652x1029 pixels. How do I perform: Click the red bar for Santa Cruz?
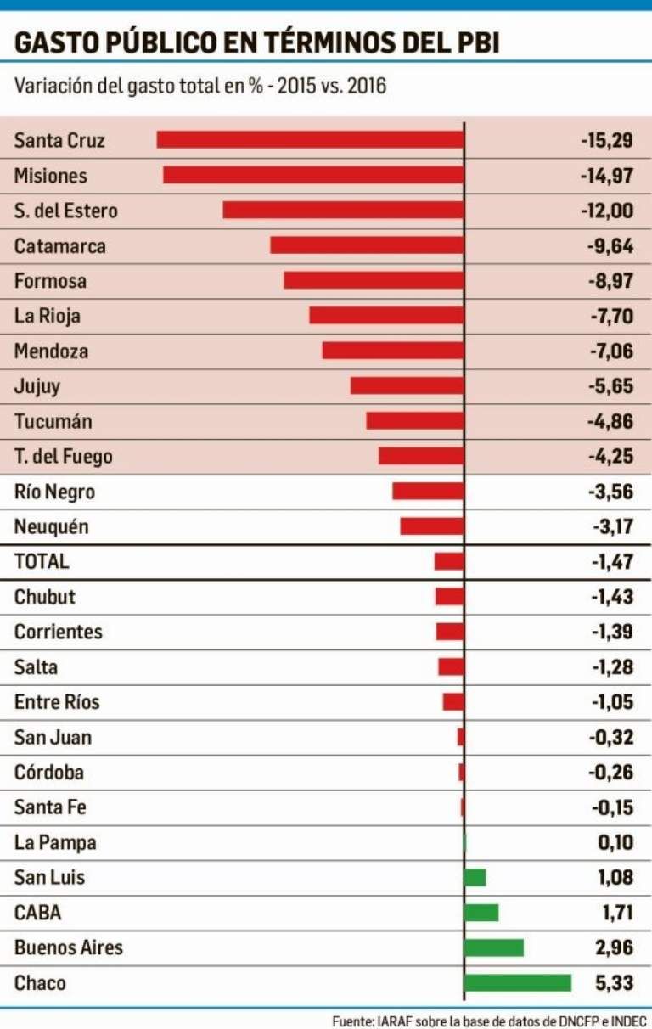[310, 140]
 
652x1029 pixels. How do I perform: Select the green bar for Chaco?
[518, 983]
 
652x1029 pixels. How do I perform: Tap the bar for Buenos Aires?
[494, 947]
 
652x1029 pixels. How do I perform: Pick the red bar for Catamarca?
[367, 245]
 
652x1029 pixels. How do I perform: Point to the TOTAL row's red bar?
[449, 561]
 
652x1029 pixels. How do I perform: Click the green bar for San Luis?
[475, 878]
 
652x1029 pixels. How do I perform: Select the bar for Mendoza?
[393, 351]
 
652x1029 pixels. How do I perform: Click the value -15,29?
[607, 140]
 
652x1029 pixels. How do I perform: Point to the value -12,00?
[607, 211]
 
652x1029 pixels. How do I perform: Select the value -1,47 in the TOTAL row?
[611, 561]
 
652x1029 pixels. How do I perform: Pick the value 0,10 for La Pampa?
[615, 842]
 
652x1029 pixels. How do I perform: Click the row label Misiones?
[50, 176]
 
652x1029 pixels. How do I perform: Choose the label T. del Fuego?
[63, 457]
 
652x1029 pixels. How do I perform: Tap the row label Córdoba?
[48, 773]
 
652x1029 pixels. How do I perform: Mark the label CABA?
[37, 914]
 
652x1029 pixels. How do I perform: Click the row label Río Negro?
[54, 492]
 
